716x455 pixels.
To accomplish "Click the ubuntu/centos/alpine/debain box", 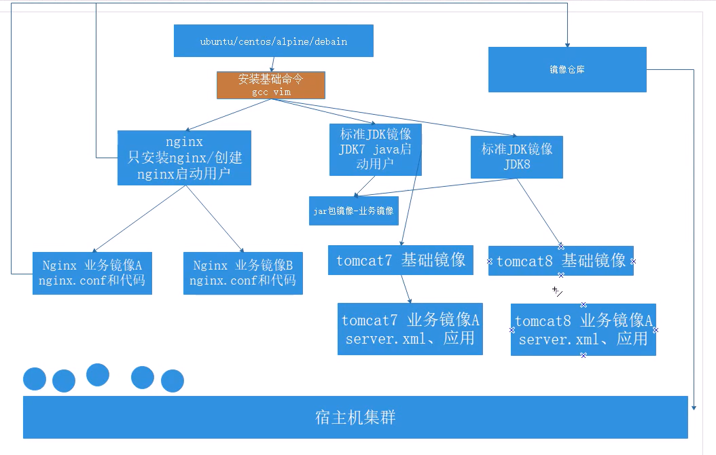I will click(x=273, y=41).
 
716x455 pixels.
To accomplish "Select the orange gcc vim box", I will click(x=271, y=85).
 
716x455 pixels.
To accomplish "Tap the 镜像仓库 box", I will click(x=567, y=69).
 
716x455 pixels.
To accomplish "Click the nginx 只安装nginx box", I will click(x=184, y=158).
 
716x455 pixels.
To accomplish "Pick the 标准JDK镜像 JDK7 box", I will click(x=375, y=149).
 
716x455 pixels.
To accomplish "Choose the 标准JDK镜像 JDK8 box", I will click(x=516, y=157).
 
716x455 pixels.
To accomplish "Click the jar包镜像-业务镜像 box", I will click(x=353, y=211).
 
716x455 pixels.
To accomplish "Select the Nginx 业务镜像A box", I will click(x=92, y=272).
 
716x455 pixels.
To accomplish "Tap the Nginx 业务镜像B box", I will click(x=243, y=272).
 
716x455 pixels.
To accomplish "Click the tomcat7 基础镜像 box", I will click(x=400, y=260).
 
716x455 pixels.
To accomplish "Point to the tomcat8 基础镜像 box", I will click(x=560, y=261).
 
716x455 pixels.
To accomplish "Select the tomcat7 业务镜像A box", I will click(x=410, y=329).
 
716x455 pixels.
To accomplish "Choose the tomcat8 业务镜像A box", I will click(x=584, y=329).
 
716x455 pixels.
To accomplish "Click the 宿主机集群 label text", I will click(x=355, y=417).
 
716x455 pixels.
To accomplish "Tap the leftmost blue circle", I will click(x=35, y=379).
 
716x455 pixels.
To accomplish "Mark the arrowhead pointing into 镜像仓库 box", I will click(x=567, y=43).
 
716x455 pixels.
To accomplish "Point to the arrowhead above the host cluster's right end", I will click(x=694, y=407).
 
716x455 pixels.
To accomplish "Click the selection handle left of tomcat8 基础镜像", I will click(x=489, y=261).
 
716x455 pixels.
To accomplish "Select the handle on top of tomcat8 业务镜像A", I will click(x=584, y=305).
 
